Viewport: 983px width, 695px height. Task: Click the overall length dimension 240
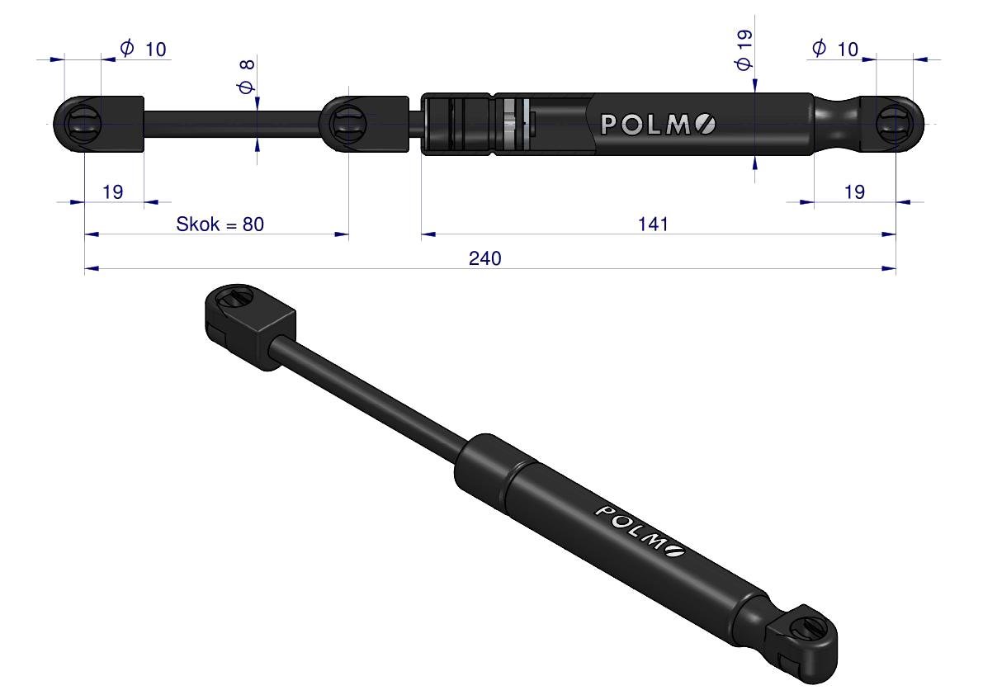tap(484, 258)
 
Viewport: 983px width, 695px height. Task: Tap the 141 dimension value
tap(653, 224)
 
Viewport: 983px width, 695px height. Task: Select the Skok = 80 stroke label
tap(220, 224)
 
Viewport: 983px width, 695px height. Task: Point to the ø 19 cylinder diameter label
tap(744, 50)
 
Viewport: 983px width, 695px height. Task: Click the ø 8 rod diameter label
tap(247, 77)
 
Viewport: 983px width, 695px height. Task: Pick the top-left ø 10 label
tap(144, 48)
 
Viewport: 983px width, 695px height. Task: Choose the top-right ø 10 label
tap(835, 48)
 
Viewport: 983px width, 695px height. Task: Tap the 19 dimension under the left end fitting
tap(113, 191)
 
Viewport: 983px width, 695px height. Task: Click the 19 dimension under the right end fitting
tap(854, 191)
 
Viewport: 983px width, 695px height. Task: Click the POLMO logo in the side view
tap(658, 124)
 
